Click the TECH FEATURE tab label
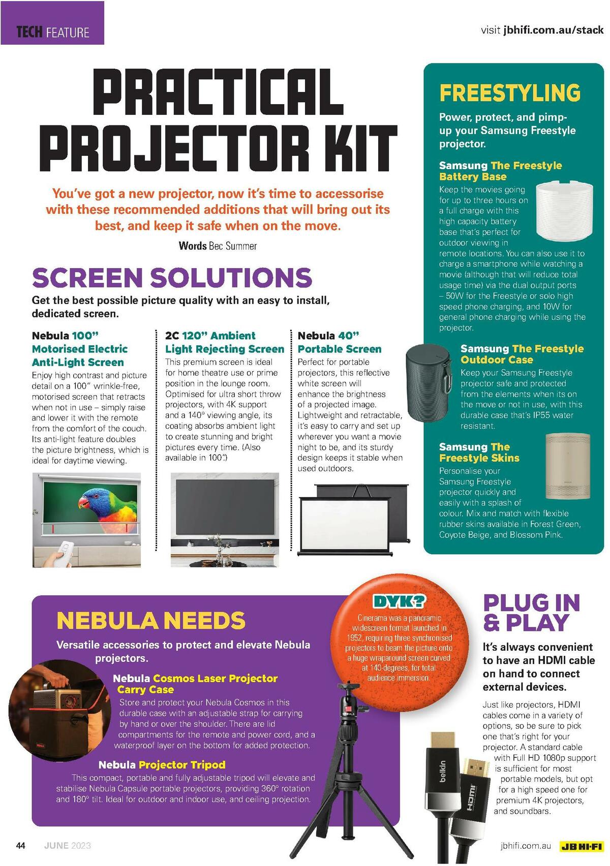(53, 33)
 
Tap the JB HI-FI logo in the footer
(581, 846)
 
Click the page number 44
(21, 846)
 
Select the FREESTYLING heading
(510, 93)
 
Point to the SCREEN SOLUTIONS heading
(172, 277)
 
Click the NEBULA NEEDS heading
(151, 621)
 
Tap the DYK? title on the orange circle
(399, 602)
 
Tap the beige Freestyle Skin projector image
(568, 466)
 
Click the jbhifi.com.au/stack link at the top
(553, 30)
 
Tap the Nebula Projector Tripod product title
(162, 765)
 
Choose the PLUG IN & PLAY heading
(531, 613)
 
